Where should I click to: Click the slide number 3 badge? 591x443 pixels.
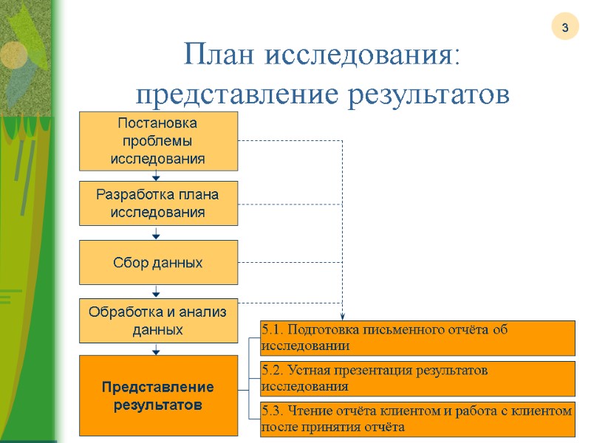click(x=564, y=28)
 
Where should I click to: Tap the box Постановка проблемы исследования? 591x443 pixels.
click(x=158, y=140)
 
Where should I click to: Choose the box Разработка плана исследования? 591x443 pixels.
click(x=158, y=204)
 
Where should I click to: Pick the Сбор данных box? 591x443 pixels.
click(x=158, y=263)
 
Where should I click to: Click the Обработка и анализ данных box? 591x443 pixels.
click(x=158, y=321)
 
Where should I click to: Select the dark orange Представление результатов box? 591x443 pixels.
click(x=158, y=396)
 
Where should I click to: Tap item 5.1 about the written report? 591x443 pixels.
click(x=417, y=337)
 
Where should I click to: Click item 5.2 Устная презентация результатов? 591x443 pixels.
click(x=417, y=378)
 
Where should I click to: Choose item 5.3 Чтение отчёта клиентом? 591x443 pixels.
click(x=417, y=419)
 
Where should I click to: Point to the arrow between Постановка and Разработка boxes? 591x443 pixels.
click(x=157, y=176)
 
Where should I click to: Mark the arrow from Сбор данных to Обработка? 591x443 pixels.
click(x=157, y=292)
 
